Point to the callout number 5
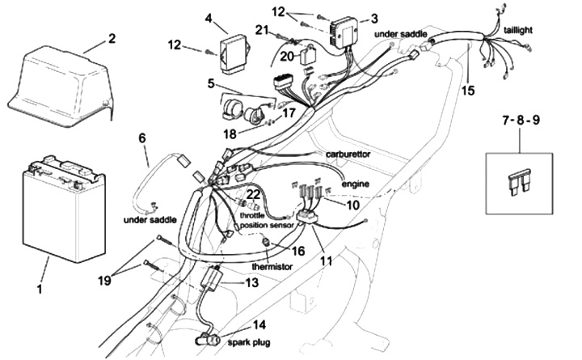click(210, 83)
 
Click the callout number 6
click(142, 138)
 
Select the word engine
click(356, 184)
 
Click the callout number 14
click(259, 325)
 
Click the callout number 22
click(253, 195)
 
